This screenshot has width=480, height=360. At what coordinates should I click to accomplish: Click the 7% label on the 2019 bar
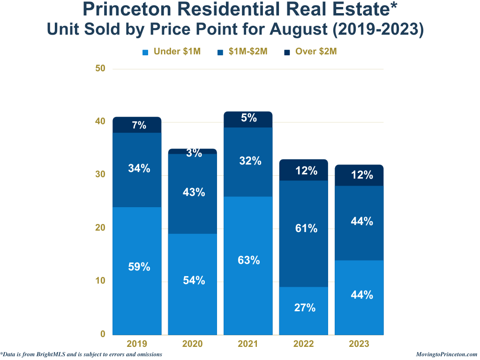(139, 125)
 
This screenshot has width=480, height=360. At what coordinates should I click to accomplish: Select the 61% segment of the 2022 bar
(303, 233)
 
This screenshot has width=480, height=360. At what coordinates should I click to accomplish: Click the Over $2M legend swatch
(287, 52)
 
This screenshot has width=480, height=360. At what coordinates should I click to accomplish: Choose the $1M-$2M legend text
(247, 52)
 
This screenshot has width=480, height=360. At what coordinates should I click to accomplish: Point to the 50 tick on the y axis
(100, 68)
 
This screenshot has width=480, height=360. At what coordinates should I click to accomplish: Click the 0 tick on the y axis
(102, 334)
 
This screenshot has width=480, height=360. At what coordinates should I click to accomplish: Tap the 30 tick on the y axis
(100, 175)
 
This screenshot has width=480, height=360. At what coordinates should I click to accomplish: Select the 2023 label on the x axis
(359, 344)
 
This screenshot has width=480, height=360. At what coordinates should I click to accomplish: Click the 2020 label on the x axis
(193, 344)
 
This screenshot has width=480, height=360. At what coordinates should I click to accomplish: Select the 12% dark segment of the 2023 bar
(359, 175)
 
